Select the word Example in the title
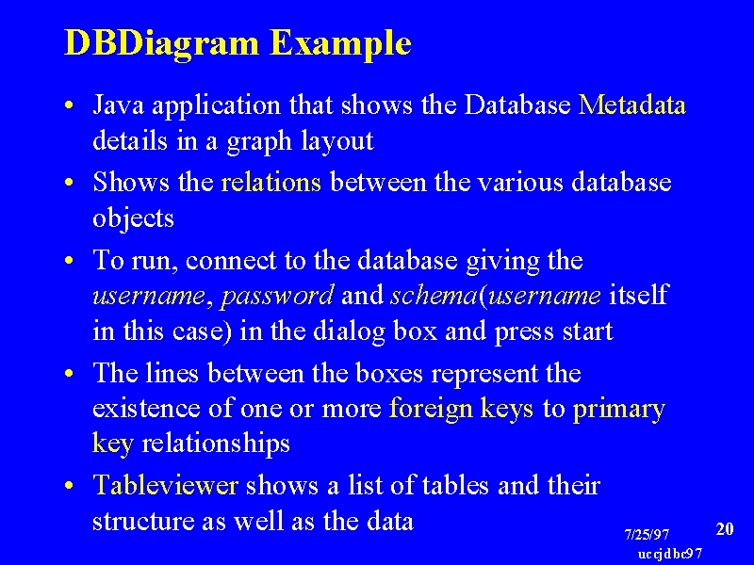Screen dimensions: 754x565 (x=340, y=44)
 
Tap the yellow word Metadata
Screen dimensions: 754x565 (x=631, y=105)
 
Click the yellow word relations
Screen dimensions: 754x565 (x=270, y=183)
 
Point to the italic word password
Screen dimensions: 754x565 (x=277, y=296)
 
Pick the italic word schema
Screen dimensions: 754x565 (x=434, y=295)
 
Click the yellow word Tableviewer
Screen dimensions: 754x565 (x=166, y=485)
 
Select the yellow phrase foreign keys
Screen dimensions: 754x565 (x=461, y=410)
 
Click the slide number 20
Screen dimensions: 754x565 (x=725, y=529)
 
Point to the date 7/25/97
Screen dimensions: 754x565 (x=647, y=534)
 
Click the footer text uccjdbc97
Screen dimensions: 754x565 (x=670, y=554)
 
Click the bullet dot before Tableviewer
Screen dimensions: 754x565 (x=69, y=486)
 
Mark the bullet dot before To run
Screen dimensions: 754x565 (x=69, y=261)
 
